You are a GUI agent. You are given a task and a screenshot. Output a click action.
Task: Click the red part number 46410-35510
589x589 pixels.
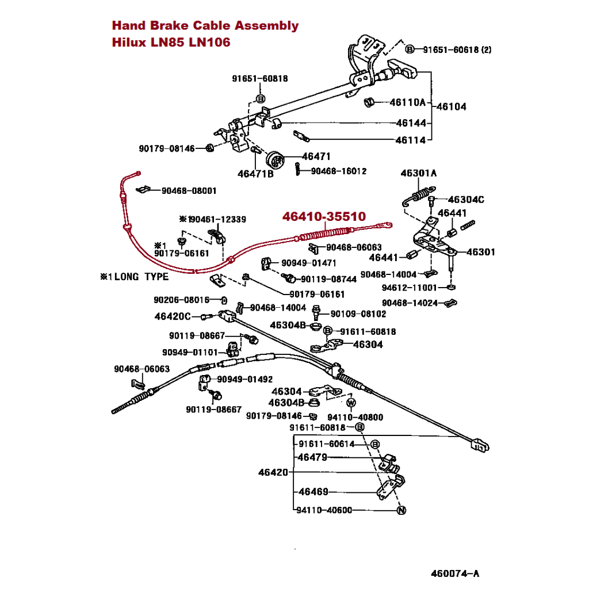tap(323, 217)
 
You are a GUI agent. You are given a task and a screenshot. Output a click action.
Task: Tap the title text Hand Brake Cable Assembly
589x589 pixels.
tap(205, 25)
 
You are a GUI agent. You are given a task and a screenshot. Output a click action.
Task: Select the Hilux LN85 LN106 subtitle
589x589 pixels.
tap(171, 43)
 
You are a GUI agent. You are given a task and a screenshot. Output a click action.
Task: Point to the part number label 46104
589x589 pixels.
tap(452, 106)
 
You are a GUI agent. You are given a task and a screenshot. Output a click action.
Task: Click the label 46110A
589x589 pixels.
tap(407, 103)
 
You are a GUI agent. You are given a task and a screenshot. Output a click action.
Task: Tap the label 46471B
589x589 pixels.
tap(255, 173)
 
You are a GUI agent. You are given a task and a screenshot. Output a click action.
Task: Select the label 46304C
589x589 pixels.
tap(465, 200)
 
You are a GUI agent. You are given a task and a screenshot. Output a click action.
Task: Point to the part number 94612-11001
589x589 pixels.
tap(410, 287)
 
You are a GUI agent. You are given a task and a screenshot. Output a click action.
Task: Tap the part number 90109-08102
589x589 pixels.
tap(358, 314)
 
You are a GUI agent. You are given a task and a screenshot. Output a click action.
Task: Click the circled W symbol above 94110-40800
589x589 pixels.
tap(351, 401)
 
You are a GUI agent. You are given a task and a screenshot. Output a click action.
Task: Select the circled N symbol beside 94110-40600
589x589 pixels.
tap(401, 510)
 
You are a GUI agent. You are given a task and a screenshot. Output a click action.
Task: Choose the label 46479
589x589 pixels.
tap(313, 457)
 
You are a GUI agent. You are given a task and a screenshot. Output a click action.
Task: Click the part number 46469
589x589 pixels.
tap(313, 492)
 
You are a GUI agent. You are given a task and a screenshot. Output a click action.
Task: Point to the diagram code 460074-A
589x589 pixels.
tap(455, 573)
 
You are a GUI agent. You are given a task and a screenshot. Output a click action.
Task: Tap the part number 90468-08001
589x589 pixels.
tap(189, 190)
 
